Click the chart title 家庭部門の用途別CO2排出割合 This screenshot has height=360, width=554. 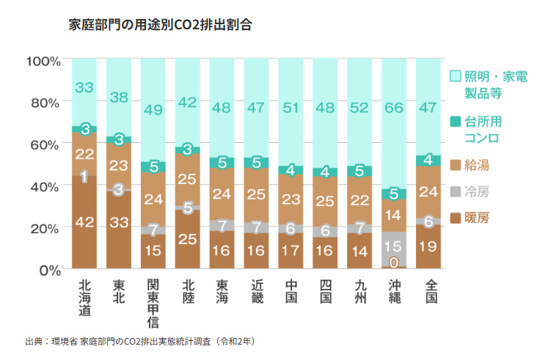coord(160,25)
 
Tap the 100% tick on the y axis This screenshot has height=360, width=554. coord(43,61)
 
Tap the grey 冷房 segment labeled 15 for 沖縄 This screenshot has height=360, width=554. coord(394,246)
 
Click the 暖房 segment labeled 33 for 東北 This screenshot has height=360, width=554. coord(119,223)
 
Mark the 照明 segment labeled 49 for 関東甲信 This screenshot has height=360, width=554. coord(153,109)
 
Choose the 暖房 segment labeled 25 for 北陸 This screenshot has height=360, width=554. coord(188,238)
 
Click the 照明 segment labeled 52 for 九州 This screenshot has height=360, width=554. coord(360,108)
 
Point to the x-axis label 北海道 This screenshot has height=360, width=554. coord(84,298)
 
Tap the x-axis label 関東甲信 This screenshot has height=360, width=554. coord(153,303)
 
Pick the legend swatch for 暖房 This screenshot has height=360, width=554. coord(454,218)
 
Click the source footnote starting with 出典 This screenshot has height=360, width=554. coord(139,342)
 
